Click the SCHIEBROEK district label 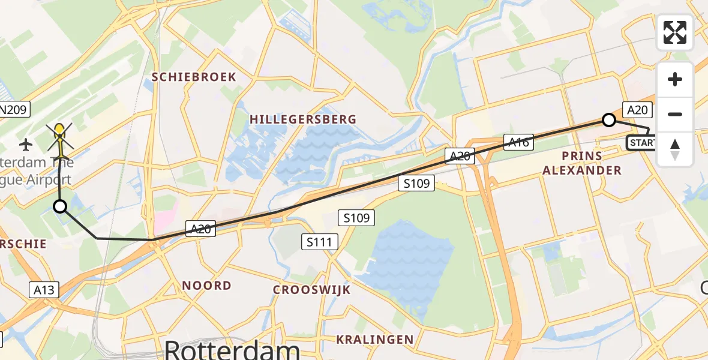(x=194, y=77)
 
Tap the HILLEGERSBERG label (x=303, y=119)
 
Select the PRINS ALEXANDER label (x=582, y=163)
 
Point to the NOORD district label (x=206, y=286)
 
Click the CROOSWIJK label (x=311, y=290)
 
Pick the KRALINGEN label (x=374, y=340)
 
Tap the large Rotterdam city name (x=232, y=350)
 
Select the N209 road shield (x=13, y=110)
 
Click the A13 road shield (x=44, y=290)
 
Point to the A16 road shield (x=518, y=142)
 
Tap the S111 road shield (x=320, y=242)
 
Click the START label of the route (x=641, y=143)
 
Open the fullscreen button (x=675, y=32)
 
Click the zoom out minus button (x=675, y=114)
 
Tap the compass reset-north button (x=675, y=149)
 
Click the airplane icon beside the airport (x=26, y=144)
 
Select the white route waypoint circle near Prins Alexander (x=608, y=120)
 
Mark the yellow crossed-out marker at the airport (x=60, y=136)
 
